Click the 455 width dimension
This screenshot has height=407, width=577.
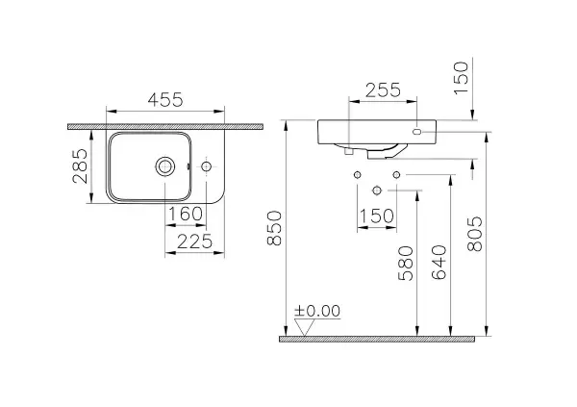(165, 100)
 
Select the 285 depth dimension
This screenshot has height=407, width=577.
(80, 166)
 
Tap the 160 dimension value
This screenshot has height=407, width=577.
(186, 214)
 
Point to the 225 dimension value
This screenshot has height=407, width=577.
(194, 242)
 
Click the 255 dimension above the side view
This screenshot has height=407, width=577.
(383, 90)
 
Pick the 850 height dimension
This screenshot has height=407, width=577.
(274, 228)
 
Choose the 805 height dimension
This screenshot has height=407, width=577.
(475, 234)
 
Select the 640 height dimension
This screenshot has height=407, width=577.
(439, 263)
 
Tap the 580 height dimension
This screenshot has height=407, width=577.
(406, 264)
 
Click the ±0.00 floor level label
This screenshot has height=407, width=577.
(317, 311)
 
